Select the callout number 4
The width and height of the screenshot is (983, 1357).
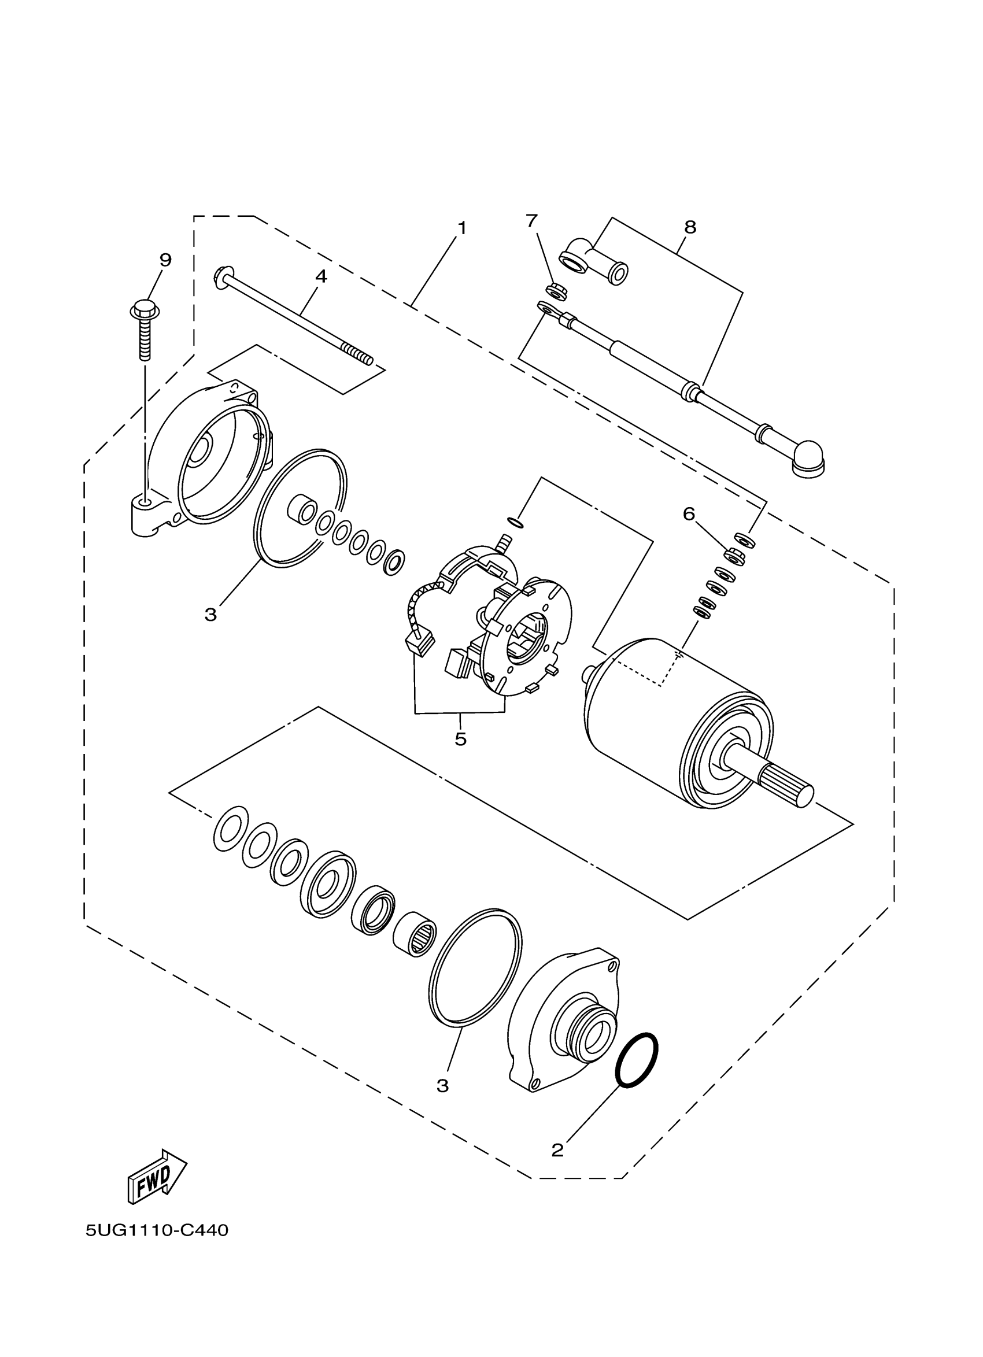321,276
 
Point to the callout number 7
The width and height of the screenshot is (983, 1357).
532,221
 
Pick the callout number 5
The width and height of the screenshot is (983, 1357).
460,739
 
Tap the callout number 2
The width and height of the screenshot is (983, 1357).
557,1150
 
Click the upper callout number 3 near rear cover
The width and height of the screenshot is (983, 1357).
210,615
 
